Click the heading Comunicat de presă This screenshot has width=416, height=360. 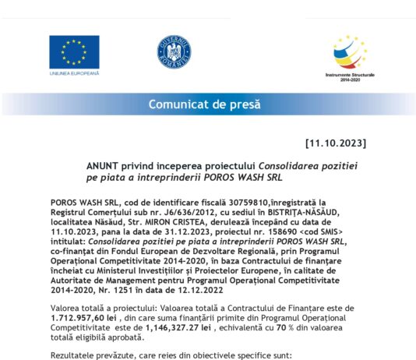point(205,104)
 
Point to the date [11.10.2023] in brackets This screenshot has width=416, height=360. point(336,144)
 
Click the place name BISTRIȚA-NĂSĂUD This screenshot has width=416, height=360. point(308,210)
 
